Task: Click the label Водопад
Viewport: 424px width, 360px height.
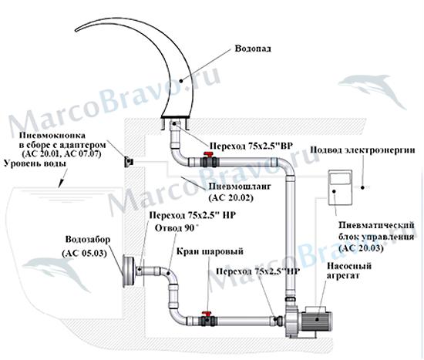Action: (x=253, y=49)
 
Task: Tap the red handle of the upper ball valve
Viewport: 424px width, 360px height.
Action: (x=208, y=155)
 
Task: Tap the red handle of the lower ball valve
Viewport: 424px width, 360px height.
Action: (x=207, y=314)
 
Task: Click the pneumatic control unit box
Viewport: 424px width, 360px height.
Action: (x=340, y=187)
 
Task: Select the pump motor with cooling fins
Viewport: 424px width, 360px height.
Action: (x=317, y=319)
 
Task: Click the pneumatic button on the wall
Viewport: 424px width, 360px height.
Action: (x=129, y=162)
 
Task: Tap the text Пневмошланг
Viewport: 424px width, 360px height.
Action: (x=240, y=187)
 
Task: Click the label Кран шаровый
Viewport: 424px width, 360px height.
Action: (x=210, y=251)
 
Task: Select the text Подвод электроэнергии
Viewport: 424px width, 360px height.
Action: (x=362, y=150)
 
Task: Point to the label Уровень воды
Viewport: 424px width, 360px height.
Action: (x=35, y=163)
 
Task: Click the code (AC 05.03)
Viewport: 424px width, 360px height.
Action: (x=83, y=254)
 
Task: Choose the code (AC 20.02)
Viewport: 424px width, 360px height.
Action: (x=231, y=197)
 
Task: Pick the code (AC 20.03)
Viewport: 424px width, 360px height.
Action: (x=361, y=248)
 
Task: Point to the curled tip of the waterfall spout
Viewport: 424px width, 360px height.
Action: (x=77, y=29)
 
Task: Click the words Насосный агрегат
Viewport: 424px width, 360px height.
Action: (x=348, y=271)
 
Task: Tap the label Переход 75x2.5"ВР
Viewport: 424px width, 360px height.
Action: (x=251, y=146)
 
